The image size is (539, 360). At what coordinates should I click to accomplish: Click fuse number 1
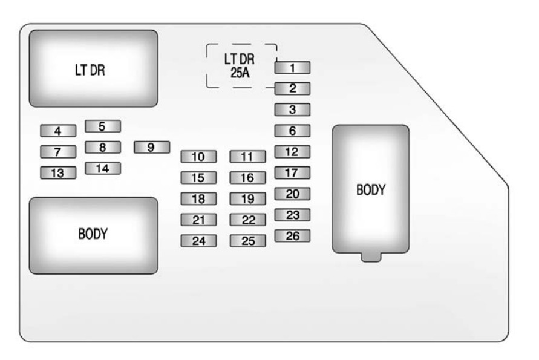pos(292,68)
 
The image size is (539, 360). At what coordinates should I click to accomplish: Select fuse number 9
pos(151,146)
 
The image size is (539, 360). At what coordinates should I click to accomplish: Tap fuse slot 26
pos(292,236)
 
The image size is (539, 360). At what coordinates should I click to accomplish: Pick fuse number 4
pos(58,131)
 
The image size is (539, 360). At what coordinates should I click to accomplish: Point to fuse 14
pos(102,169)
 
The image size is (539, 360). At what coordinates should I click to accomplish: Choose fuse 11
pos(247,157)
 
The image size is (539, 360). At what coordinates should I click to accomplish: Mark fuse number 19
pos(247,199)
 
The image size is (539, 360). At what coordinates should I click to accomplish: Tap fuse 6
pos(292,131)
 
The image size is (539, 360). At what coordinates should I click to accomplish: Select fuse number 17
pos(292,173)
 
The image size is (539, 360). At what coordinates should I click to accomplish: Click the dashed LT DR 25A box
pos(241,65)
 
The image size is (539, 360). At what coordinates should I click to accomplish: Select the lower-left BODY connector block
pos(93,235)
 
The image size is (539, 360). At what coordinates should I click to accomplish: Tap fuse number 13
pos(58,174)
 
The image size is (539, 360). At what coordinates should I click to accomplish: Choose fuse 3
pos(292,110)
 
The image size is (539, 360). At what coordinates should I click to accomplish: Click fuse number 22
pos(247,220)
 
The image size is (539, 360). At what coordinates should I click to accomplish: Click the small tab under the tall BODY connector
pos(370,258)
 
